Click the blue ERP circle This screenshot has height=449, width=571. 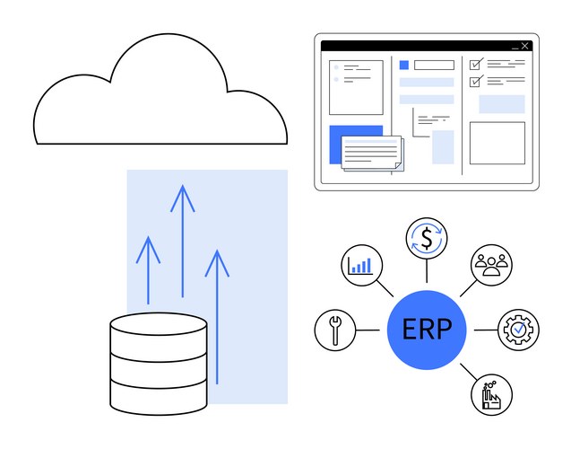(x=427, y=330)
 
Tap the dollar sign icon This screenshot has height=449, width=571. (x=427, y=239)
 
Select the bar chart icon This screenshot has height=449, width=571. (x=361, y=266)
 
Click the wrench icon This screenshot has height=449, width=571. (x=335, y=330)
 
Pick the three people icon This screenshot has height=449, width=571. (x=491, y=265)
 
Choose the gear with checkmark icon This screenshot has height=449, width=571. (x=518, y=330)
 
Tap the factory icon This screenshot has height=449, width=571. (x=491, y=393)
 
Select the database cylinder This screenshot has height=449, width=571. (x=158, y=363)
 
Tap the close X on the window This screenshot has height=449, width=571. (x=525, y=46)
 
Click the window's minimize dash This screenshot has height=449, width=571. (x=515, y=47)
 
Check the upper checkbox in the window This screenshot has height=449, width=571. (x=475, y=64)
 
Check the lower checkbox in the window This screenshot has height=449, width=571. (x=475, y=81)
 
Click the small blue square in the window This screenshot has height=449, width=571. (x=404, y=65)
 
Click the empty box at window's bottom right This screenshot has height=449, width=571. (x=497, y=143)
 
